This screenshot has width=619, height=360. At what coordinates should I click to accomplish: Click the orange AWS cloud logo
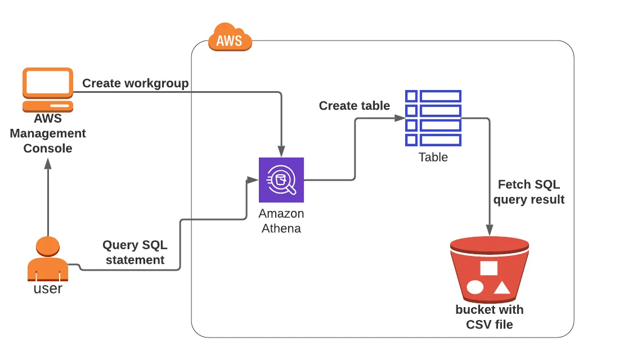point(229,38)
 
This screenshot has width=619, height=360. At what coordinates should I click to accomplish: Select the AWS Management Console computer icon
point(48,90)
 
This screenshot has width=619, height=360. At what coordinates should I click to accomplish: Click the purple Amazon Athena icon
point(281,180)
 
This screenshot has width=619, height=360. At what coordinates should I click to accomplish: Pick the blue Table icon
point(433,118)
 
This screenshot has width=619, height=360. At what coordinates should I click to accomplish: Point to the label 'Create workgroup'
point(136,83)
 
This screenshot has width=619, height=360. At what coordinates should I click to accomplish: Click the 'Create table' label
point(355,106)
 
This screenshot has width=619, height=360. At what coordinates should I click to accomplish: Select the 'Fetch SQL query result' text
point(528,192)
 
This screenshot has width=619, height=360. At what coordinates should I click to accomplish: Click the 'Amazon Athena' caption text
point(281,221)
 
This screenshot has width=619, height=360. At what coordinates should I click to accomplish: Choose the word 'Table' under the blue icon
point(433,157)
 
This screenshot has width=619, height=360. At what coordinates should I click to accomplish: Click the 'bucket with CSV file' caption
point(490,317)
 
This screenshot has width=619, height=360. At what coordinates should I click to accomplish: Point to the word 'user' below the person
point(48,289)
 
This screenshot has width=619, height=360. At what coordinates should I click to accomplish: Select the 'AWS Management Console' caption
point(48,133)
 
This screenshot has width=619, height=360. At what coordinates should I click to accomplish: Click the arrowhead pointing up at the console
point(48,163)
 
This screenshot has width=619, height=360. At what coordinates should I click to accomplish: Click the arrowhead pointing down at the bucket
point(490,230)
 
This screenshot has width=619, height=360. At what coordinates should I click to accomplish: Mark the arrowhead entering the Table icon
point(400,118)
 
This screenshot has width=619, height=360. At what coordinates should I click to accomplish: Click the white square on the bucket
point(488,268)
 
